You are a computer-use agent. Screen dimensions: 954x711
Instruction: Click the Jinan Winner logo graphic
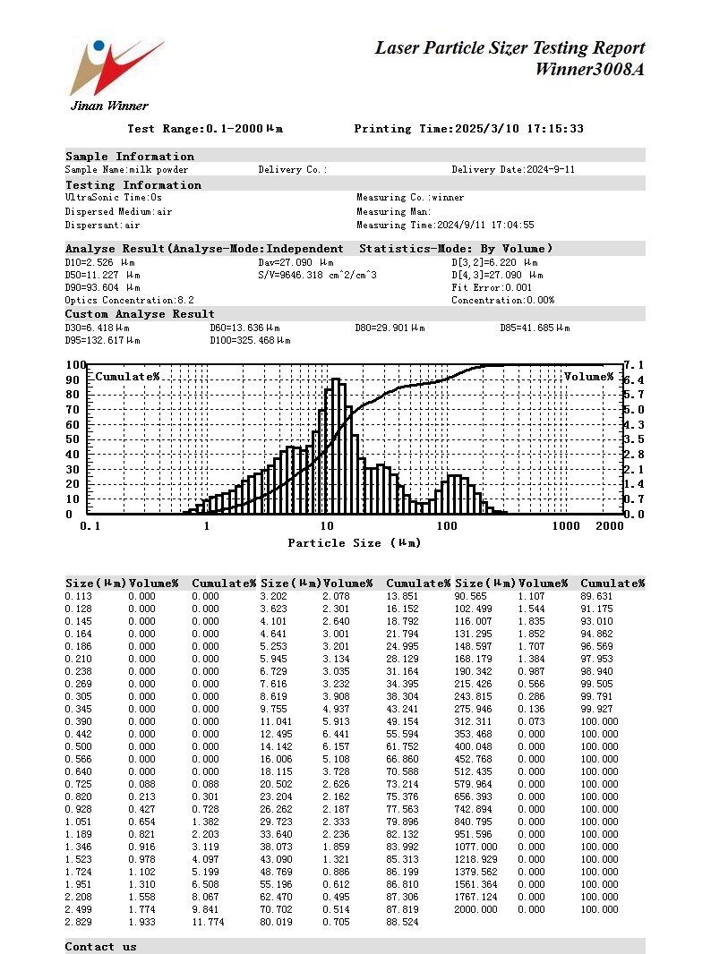(115, 67)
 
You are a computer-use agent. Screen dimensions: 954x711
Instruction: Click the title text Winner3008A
(589, 69)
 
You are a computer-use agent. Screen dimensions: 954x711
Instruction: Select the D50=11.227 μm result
(103, 275)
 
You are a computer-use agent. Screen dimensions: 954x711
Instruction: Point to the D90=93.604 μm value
(103, 287)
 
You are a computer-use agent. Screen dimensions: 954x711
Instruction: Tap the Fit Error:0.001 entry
(492, 287)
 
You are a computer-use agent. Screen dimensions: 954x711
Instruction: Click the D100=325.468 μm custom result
(250, 340)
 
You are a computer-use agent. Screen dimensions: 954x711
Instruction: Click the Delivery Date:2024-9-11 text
(513, 169)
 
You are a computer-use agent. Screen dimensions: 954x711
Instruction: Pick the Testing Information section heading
(133, 185)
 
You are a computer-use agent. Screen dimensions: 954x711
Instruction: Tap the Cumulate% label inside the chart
(127, 377)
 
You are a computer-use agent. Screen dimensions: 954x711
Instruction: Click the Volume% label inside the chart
(588, 377)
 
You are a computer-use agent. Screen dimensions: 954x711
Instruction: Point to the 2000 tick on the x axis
(609, 526)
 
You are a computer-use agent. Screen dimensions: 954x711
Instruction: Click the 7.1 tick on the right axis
(634, 365)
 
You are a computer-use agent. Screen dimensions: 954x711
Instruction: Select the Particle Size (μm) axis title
(354, 543)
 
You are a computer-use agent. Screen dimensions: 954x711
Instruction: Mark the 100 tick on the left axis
(75, 365)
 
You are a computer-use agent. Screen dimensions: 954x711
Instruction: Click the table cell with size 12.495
(276, 734)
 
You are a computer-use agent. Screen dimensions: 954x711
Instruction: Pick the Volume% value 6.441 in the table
(337, 734)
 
